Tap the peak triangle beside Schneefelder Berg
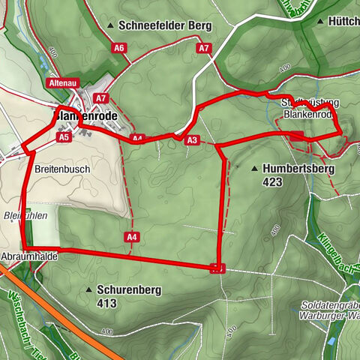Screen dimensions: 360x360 [111, 26]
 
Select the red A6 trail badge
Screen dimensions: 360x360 [118, 48]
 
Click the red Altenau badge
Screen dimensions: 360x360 [61, 82]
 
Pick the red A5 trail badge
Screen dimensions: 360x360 [64, 137]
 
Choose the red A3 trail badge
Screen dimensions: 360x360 [191, 140]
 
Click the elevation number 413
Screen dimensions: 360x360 [106, 304]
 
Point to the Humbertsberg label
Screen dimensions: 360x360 [298, 169]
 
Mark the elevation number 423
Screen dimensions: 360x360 [273, 181]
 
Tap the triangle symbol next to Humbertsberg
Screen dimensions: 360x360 [255, 169]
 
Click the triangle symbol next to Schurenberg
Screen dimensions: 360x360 [89, 289]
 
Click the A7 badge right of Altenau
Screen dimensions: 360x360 [102, 97]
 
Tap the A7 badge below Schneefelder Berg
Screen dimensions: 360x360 [204, 48]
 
